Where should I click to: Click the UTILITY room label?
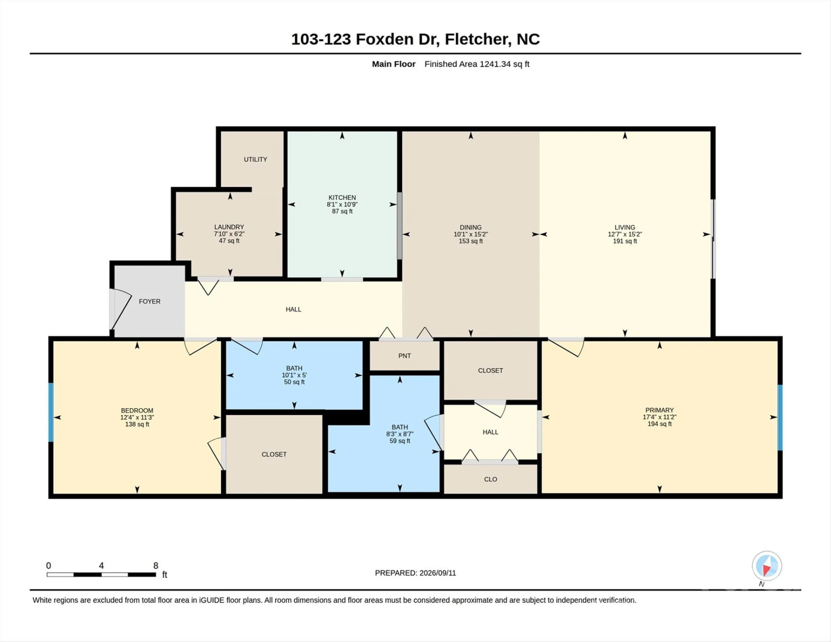pyautogui.click(x=255, y=159)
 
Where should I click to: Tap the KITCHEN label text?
pyautogui.click(x=342, y=198)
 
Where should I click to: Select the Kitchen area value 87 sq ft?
pyautogui.click(x=342, y=211)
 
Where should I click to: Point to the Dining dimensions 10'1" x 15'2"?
pyautogui.click(x=471, y=234)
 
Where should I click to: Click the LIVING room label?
pyautogui.click(x=625, y=227)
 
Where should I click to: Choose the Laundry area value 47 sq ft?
pyautogui.click(x=229, y=241)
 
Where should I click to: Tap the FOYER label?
pyautogui.click(x=149, y=301)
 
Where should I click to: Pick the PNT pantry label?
pyautogui.click(x=404, y=356)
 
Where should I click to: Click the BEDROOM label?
pyautogui.click(x=137, y=411)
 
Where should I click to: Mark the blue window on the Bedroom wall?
pyautogui.click(x=51, y=412)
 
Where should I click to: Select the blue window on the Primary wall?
pyautogui.click(x=780, y=418)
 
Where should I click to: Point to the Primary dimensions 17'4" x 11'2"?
pyautogui.click(x=659, y=417)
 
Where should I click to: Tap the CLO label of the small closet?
pyautogui.click(x=490, y=479)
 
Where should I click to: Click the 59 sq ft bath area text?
pyautogui.click(x=400, y=441)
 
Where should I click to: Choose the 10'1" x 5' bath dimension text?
pyautogui.click(x=294, y=375)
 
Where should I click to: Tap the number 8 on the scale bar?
pyautogui.click(x=156, y=565)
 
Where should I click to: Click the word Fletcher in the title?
pyautogui.click(x=478, y=39)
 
